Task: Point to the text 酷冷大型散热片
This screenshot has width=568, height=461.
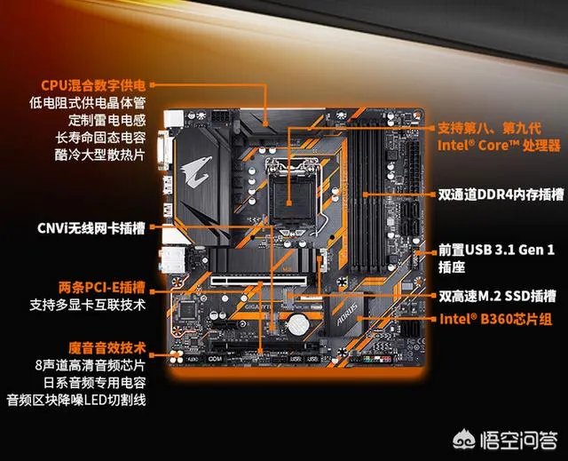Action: point(102,154)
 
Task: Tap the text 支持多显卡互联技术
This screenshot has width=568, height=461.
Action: point(88,306)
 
